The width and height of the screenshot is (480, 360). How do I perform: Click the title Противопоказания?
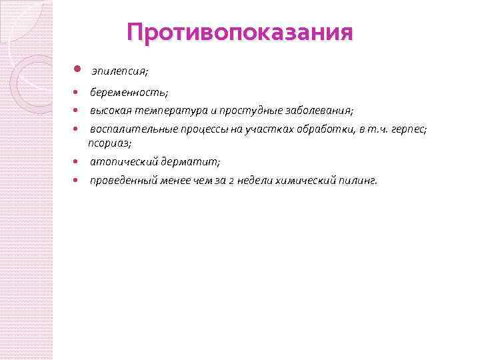pyautogui.click(x=239, y=33)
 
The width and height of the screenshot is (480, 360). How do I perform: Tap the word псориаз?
pyautogui.click(x=109, y=143)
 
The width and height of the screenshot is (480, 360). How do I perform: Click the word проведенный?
pyautogui.click(x=125, y=181)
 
